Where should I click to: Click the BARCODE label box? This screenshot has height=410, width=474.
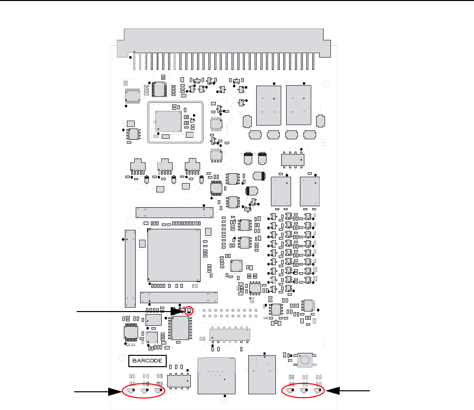pos(148,361)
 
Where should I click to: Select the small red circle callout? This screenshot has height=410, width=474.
pos(189,311)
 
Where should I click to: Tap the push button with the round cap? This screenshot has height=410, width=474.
pos(306,360)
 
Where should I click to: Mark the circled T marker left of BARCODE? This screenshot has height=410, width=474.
pos(121,357)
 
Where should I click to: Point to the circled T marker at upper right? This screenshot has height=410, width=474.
pos(326,85)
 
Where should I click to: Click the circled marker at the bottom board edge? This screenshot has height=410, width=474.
pos(225,401)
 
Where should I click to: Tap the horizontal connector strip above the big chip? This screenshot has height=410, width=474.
pos(174,212)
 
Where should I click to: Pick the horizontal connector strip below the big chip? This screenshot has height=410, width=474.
pos(179,298)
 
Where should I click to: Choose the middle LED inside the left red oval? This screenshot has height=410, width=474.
pos(145,391)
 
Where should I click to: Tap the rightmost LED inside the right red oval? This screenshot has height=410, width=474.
pos(317,391)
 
